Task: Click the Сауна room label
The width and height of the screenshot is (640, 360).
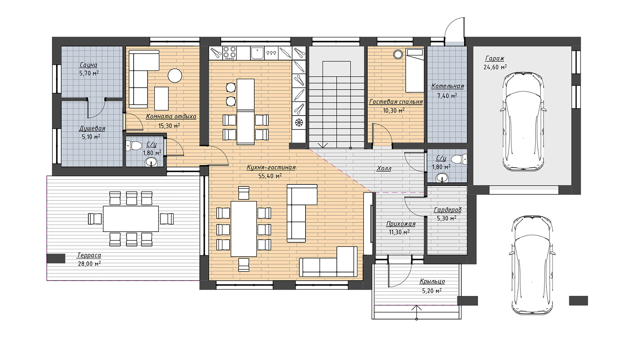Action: (x=88, y=65)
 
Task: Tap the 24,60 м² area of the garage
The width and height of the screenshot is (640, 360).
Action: (x=495, y=67)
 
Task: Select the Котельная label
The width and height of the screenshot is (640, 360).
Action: (x=448, y=86)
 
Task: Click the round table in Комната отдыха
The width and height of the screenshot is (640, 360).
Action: (x=175, y=76)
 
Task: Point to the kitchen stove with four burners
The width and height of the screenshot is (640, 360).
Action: (x=230, y=53)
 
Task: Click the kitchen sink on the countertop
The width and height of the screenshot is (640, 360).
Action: (x=258, y=53)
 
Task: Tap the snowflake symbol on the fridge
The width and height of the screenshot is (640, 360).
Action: (x=299, y=122)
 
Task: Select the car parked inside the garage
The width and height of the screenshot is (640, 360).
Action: (x=524, y=122)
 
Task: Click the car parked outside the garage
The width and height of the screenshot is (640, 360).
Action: (x=532, y=266)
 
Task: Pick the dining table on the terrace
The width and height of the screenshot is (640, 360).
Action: (x=131, y=218)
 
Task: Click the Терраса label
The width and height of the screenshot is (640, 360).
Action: (x=89, y=255)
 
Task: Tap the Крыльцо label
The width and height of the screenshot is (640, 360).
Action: (x=432, y=281)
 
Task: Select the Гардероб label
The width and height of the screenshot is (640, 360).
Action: (x=448, y=210)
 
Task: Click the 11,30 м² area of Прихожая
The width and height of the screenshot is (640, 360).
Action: (x=399, y=232)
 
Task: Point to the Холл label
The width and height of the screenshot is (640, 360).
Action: (x=384, y=168)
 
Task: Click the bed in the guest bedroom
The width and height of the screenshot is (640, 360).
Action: (x=415, y=70)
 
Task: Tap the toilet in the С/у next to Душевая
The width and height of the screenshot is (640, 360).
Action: (x=134, y=146)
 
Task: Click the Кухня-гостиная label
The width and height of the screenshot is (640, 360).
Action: (x=271, y=168)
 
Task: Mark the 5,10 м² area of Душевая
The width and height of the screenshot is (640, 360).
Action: (x=91, y=137)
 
